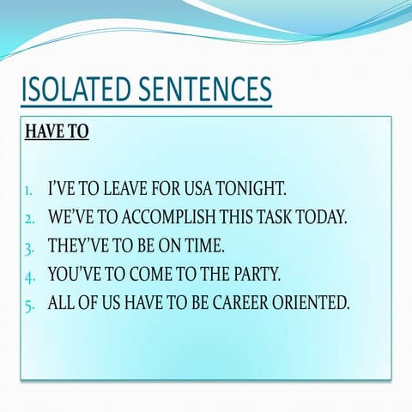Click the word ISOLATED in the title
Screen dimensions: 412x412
point(76,88)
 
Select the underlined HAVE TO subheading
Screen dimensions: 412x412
point(57,131)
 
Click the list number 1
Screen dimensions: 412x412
point(28,191)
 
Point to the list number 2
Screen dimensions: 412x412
point(29,219)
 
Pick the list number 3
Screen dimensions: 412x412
point(29,249)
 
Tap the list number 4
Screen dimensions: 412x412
point(29,277)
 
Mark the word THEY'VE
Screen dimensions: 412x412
point(78,245)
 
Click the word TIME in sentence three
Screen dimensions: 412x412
point(203,245)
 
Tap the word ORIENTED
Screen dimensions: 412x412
point(311,302)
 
